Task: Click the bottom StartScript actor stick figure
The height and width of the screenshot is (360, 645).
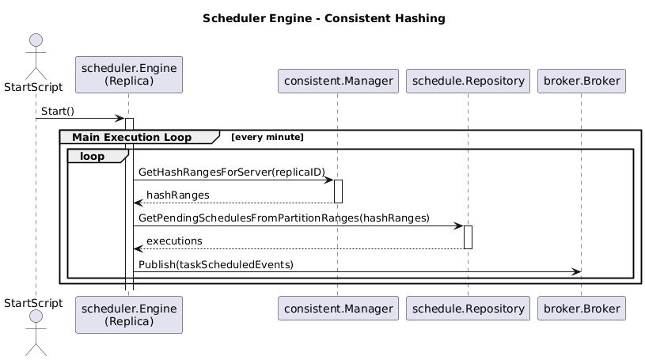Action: (x=36, y=332)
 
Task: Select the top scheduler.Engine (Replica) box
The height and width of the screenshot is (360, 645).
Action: (x=129, y=74)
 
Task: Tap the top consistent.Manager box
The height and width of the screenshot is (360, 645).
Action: (x=338, y=81)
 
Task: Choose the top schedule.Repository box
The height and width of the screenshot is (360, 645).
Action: (x=467, y=81)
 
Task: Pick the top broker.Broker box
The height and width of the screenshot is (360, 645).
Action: (x=582, y=81)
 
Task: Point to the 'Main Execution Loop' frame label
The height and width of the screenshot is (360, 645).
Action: (x=131, y=138)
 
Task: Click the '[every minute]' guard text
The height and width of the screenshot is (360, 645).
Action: (x=267, y=138)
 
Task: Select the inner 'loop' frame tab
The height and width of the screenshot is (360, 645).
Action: (x=93, y=157)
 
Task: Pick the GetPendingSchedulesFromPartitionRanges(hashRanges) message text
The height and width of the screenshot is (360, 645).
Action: (x=283, y=218)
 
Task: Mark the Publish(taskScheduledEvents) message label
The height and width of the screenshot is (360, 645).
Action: (x=216, y=263)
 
